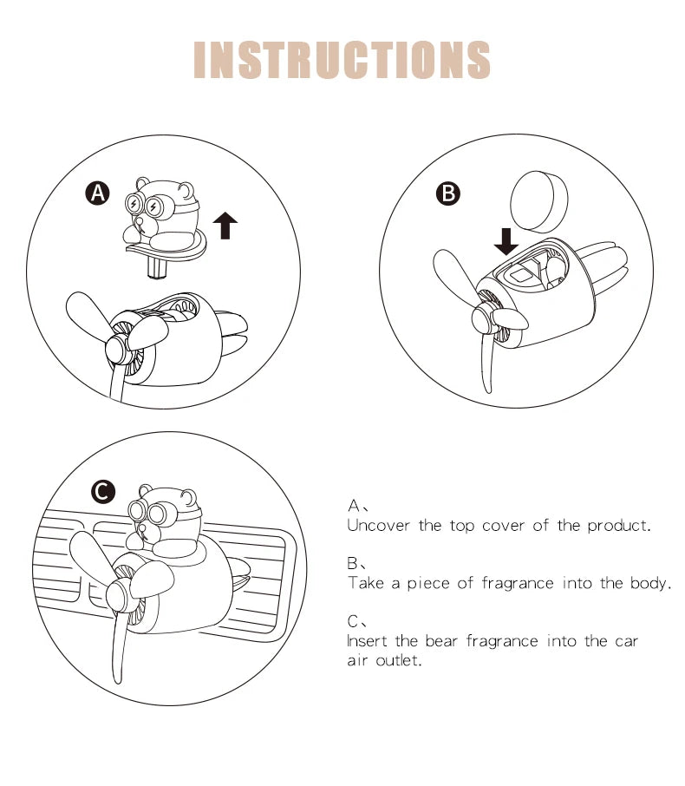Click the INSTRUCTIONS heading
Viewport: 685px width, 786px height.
pyautogui.click(x=342, y=60)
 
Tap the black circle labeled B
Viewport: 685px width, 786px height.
pyautogui.click(x=448, y=193)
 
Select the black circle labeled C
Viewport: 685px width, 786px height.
pyautogui.click(x=103, y=493)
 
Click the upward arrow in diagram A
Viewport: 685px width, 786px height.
pyautogui.click(x=225, y=224)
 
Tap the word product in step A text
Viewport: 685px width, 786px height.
pyautogui.click(x=616, y=525)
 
